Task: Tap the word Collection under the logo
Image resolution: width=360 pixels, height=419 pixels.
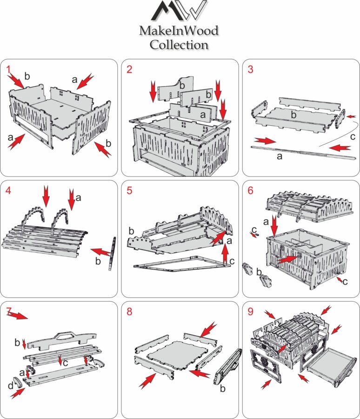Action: (179, 45)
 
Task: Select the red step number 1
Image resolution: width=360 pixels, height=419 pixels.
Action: (8, 69)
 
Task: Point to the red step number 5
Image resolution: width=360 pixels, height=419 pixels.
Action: (130, 190)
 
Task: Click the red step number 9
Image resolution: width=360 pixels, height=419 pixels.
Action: (251, 311)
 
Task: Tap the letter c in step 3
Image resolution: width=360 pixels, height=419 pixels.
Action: (353, 136)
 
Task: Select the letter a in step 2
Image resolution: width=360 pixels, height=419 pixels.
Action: (202, 114)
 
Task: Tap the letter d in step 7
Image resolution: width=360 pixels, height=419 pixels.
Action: (10, 386)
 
